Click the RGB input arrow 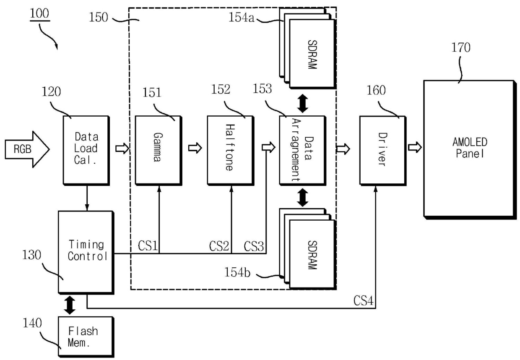click(x=27, y=149)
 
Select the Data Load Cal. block click(x=86, y=151)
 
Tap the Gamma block click(x=159, y=151)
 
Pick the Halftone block click(x=231, y=151)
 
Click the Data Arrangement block click(x=303, y=151)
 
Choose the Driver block click(x=383, y=151)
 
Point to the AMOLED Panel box click(x=470, y=149)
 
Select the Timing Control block click(x=86, y=253)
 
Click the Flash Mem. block click(x=86, y=337)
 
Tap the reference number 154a click(x=242, y=18)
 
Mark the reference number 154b click(x=237, y=272)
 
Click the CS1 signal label click(x=148, y=245)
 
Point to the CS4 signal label click(x=363, y=300)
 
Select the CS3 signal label click(x=254, y=246)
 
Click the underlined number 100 click(x=39, y=13)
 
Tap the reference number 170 click(x=461, y=47)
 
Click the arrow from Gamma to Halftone click(x=195, y=148)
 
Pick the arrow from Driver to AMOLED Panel click(x=415, y=147)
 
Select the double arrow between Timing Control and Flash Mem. click(x=70, y=305)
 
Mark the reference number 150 click(x=99, y=18)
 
